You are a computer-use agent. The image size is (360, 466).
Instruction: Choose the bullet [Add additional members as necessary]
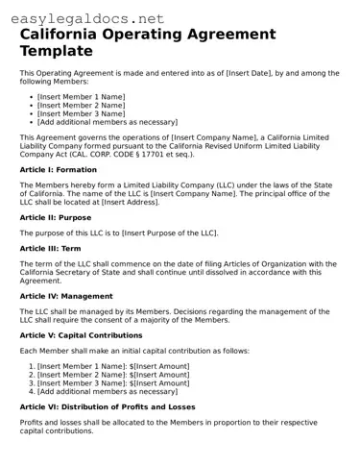(x=108, y=122)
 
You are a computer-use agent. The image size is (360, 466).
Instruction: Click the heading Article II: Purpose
(x=56, y=217)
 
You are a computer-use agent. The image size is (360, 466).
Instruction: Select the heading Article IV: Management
(x=68, y=297)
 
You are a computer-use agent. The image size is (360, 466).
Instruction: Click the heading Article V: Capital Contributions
(x=89, y=336)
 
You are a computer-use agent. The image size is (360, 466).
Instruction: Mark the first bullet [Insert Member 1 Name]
(x=81, y=97)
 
